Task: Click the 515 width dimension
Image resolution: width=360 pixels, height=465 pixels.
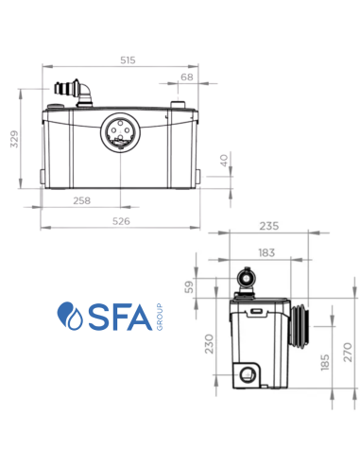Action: [128, 60]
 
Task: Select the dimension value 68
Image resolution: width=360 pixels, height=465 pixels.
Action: [186, 77]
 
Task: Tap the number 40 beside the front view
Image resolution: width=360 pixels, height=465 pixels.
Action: [223, 162]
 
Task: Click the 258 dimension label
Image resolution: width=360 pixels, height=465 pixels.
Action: [81, 200]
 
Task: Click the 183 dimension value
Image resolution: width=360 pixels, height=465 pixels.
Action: [267, 253]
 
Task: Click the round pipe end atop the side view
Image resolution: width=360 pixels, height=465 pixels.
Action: [248, 279]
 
